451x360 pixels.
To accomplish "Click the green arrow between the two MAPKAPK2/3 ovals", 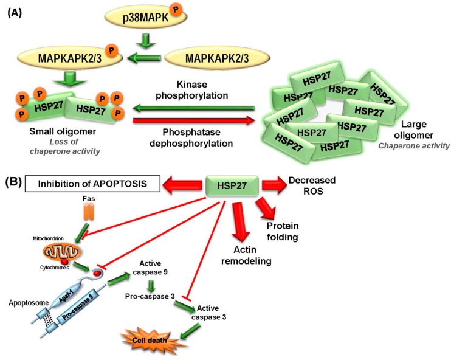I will pos(145,59).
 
